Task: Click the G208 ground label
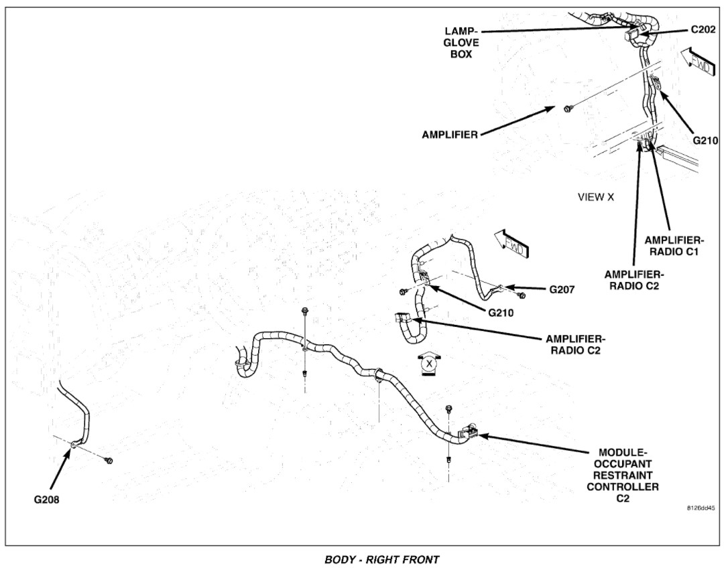47,499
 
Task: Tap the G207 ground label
562,289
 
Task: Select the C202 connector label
703,31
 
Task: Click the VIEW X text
595,197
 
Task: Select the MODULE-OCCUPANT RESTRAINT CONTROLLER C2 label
622,476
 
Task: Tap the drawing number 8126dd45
701,508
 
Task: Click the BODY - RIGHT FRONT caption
382,559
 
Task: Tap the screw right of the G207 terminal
522,295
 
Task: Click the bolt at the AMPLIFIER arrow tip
567,109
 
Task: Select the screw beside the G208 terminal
109,460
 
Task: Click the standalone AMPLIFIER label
450,135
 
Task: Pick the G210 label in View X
705,141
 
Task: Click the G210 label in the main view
501,312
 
